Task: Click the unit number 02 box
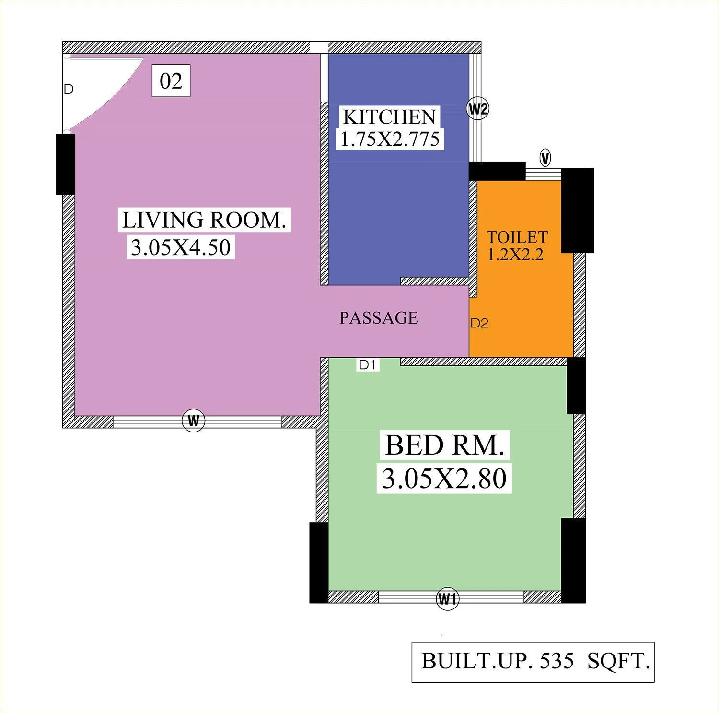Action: (x=171, y=81)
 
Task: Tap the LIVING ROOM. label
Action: (x=204, y=220)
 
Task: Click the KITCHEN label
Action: (x=389, y=117)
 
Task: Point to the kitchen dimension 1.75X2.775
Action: (x=390, y=139)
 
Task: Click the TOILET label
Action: (x=517, y=237)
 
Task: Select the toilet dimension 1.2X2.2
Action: (x=516, y=254)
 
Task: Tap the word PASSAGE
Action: (x=379, y=318)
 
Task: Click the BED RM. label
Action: (x=444, y=445)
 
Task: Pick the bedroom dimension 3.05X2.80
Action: (x=444, y=479)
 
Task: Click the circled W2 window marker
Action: (x=478, y=109)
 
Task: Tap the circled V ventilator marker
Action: (x=545, y=158)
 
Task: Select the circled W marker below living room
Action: (x=194, y=421)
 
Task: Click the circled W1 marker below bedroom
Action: (x=447, y=599)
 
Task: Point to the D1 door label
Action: (x=367, y=365)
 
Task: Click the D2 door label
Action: (x=479, y=323)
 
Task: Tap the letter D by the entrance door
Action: (x=69, y=89)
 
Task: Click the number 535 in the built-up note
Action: (x=557, y=661)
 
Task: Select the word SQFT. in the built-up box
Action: (x=618, y=661)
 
